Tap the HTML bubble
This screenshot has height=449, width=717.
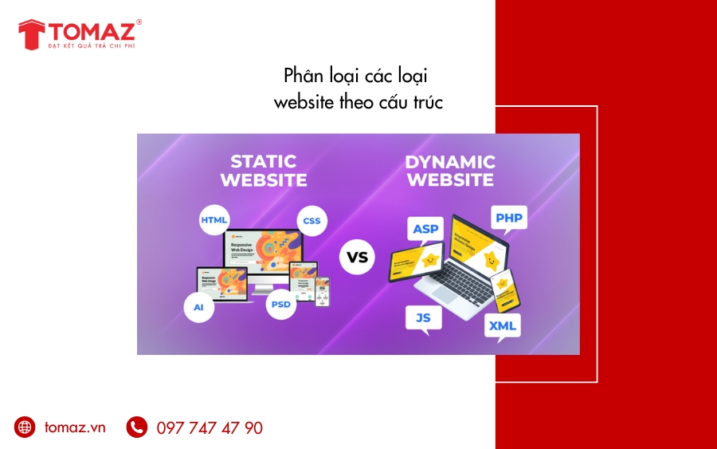coord(214,219)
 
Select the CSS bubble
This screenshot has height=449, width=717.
coord(311,220)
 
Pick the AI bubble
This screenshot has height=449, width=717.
coord(198,307)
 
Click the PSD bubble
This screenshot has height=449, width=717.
coord(281,304)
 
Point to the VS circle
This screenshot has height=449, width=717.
coord(358,257)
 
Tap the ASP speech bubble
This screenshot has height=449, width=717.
coord(425,230)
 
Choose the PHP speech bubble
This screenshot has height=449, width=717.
coord(507,219)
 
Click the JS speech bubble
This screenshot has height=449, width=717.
coord(423,318)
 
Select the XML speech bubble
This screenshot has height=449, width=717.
coord(503,326)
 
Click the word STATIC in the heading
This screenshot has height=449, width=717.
coord(263,162)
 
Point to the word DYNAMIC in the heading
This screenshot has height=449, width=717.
coord(449,162)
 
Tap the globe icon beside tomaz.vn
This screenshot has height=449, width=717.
coord(25,427)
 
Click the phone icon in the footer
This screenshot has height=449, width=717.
coord(137,427)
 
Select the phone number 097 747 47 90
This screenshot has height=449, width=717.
coord(210,428)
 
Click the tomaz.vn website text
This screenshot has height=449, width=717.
coord(75,427)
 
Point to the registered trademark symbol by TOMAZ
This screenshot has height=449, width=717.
coord(139,22)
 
